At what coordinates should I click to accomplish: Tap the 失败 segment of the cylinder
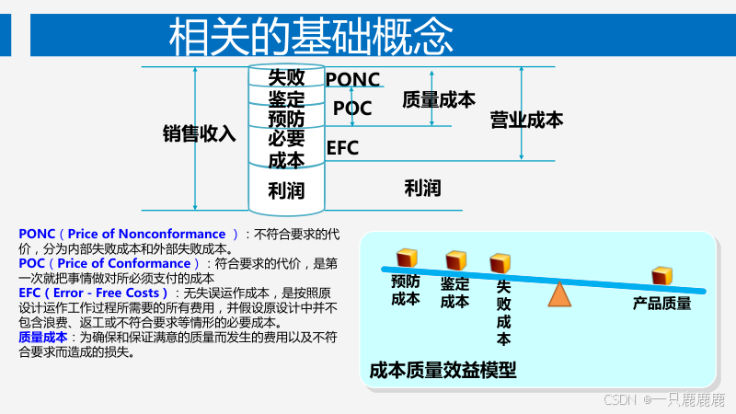(x=286, y=77)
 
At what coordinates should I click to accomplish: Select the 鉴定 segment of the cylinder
(x=286, y=98)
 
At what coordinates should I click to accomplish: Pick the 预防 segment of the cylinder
(x=286, y=119)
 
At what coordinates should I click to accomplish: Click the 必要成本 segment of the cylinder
(x=286, y=149)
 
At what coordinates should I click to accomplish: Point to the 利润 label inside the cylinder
(x=286, y=191)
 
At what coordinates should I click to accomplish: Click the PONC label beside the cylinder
(x=352, y=79)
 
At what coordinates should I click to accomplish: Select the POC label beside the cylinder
(x=352, y=109)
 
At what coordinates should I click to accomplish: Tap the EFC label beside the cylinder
(x=342, y=148)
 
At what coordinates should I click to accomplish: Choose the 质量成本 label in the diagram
(x=439, y=100)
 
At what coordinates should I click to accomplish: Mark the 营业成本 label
(x=527, y=120)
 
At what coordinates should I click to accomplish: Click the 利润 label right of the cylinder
(x=422, y=189)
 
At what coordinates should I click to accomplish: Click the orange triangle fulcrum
(x=559, y=294)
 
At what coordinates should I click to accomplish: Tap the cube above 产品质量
(x=661, y=277)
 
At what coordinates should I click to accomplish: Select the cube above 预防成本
(x=407, y=258)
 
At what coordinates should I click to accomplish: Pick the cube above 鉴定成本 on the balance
(x=455, y=260)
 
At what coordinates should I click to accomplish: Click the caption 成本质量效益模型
(x=443, y=371)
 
